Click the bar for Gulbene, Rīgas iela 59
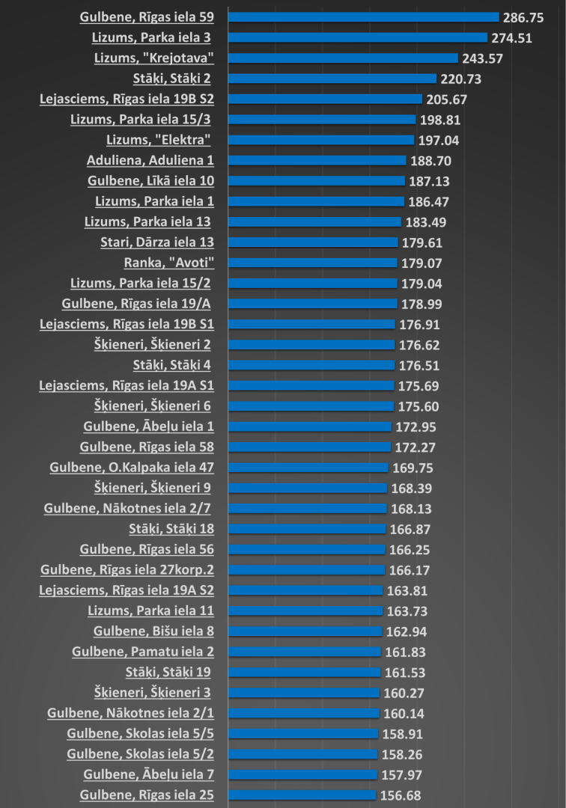363,16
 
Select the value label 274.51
511,37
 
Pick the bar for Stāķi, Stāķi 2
332,78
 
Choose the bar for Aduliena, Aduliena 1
317,160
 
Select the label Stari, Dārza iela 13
157,242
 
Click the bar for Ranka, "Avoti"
312,263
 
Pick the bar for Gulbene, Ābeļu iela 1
309,426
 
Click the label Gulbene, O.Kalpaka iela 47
132,468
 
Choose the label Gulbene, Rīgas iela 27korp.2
127,570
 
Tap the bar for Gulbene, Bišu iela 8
305,631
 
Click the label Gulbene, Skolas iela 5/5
140,734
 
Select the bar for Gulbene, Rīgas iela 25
302,795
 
